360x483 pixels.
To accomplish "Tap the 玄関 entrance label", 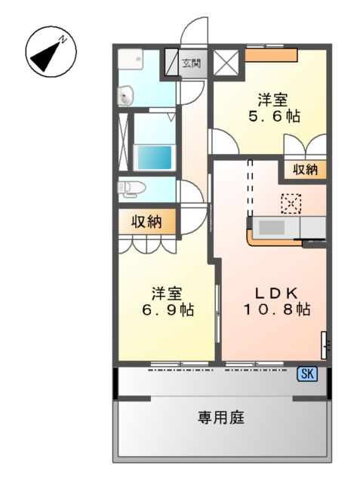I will [x=192, y=63].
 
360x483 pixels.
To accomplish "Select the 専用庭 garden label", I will [x=221, y=417].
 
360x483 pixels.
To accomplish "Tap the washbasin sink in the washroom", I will [x=126, y=96].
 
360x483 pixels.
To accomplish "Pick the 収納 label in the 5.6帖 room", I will [x=306, y=170].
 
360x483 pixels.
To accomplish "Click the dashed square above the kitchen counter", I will [x=291, y=202].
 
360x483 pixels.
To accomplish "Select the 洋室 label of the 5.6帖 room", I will [x=274, y=100].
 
